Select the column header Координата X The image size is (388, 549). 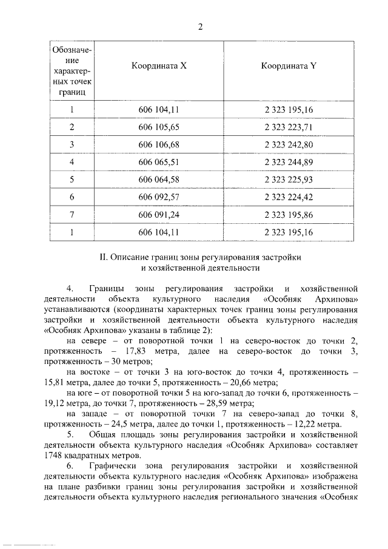click(159, 67)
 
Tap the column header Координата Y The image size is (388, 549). click(289, 67)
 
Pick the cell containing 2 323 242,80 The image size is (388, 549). click(288, 144)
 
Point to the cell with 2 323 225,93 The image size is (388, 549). click(288, 180)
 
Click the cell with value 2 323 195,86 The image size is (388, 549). click(288, 215)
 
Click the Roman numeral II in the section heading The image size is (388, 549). click(102, 257)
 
